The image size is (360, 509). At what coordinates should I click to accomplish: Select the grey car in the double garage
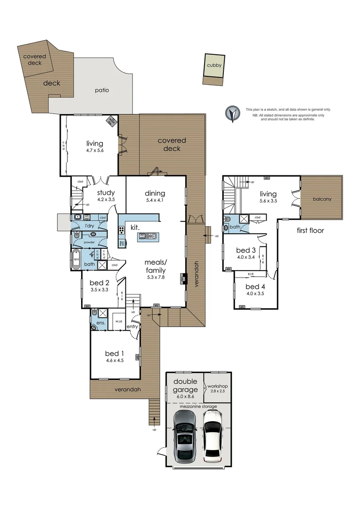click(184, 436)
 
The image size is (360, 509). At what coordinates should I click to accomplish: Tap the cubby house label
click(213, 66)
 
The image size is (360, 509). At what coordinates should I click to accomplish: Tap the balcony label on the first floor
click(322, 199)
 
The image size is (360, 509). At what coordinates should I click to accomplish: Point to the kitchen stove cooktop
click(121, 230)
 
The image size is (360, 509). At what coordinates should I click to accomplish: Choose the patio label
click(102, 90)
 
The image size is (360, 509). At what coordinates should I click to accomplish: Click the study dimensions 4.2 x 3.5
click(106, 199)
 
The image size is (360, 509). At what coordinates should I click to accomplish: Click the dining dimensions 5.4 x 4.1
click(155, 200)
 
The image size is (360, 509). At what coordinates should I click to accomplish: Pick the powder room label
click(89, 242)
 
